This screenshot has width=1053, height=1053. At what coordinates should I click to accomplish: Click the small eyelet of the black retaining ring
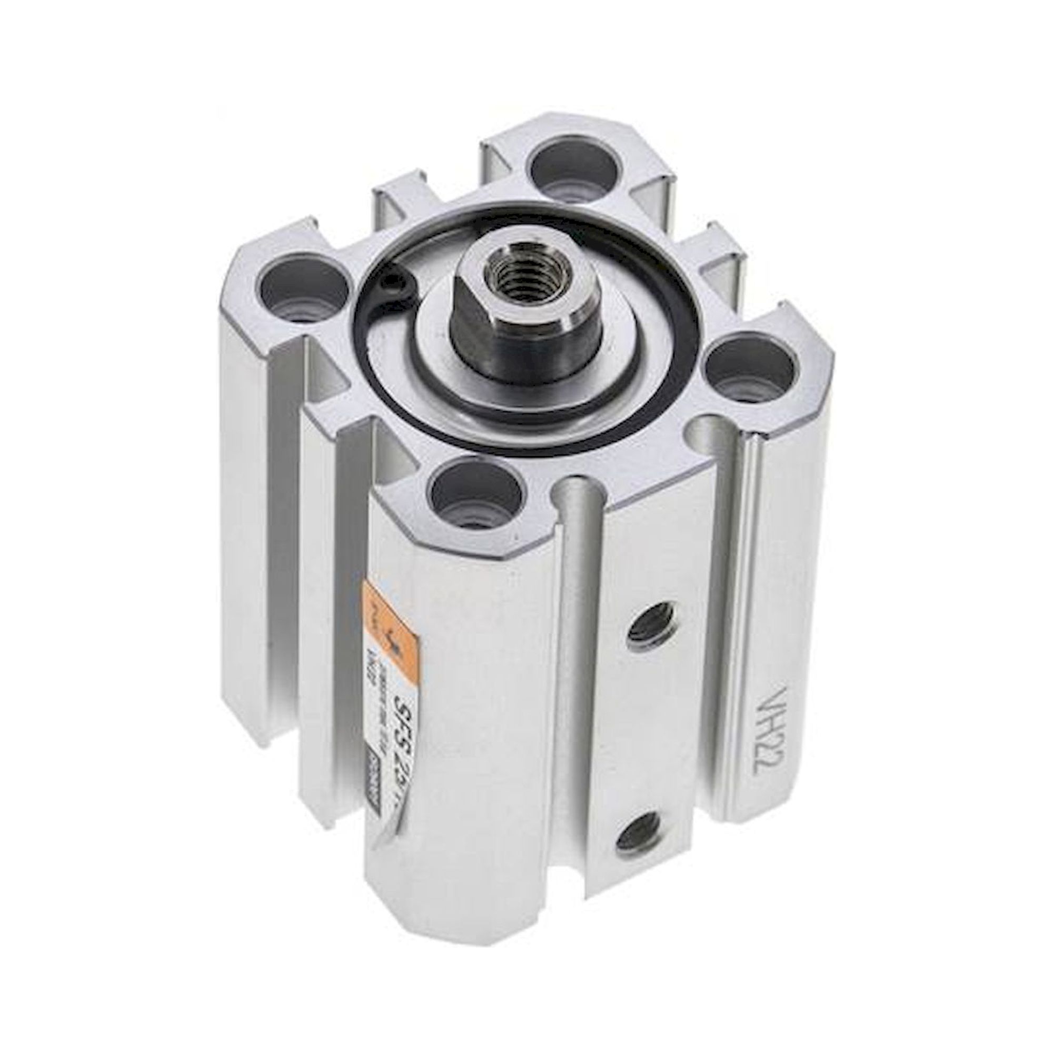pyautogui.click(x=391, y=283)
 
